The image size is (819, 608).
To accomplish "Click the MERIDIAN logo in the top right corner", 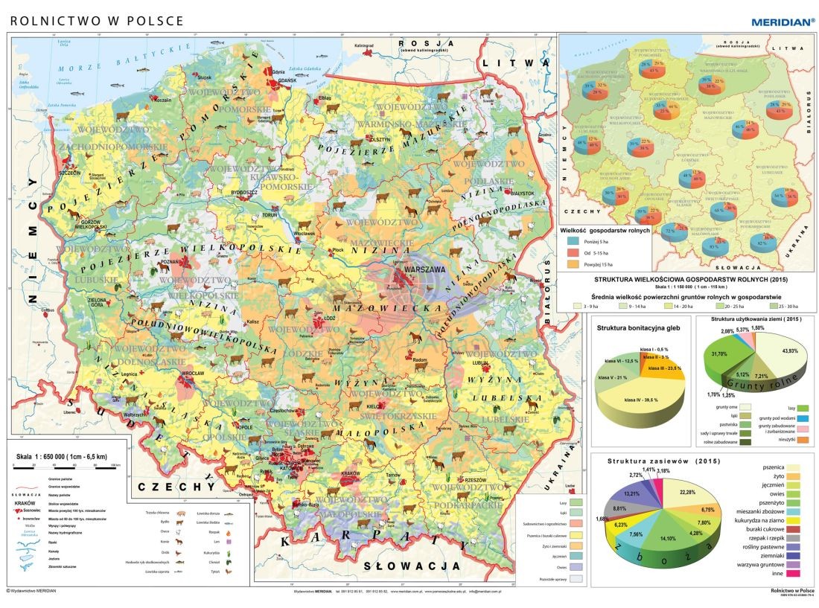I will coord(782,22).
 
